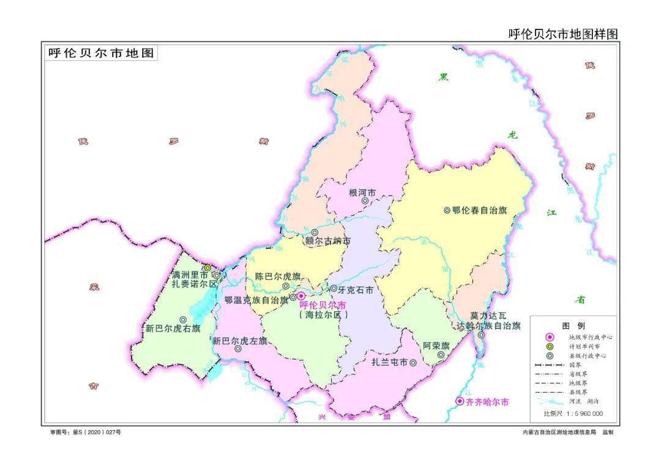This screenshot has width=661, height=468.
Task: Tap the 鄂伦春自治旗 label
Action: (x=480, y=210)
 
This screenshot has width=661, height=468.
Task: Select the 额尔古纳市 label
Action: (x=328, y=241)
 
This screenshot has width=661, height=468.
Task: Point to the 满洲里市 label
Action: (x=190, y=275)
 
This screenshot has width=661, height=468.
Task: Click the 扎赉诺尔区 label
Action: (x=195, y=284)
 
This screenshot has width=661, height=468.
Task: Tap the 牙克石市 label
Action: (x=356, y=289)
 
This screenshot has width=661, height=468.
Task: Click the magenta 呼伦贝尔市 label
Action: (x=323, y=305)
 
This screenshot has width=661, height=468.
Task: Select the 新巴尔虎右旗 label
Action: (x=173, y=328)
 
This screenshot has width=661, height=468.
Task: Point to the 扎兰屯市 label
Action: (x=389, y=363)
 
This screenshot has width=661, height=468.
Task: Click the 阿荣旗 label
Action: (x=436, y=345)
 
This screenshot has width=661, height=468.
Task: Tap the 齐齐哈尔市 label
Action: (x=487, y=402)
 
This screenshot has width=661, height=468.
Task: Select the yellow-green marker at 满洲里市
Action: (x=207, y=268)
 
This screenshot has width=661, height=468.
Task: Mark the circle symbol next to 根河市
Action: (x=365, y=200)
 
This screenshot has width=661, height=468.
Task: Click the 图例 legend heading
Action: (x=573, y=325)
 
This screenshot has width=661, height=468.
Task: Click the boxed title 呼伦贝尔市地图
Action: (x=101, y=53)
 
